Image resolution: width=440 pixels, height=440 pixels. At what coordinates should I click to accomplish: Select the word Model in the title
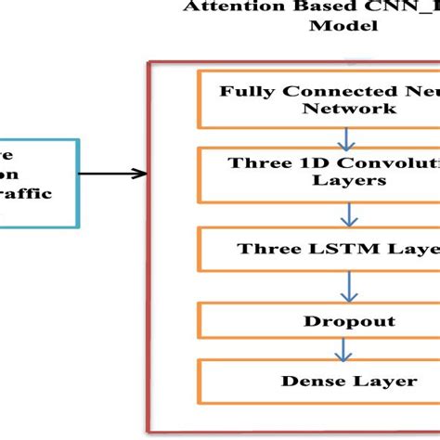[343, 26]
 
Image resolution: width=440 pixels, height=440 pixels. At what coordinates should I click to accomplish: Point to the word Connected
[320, 91]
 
